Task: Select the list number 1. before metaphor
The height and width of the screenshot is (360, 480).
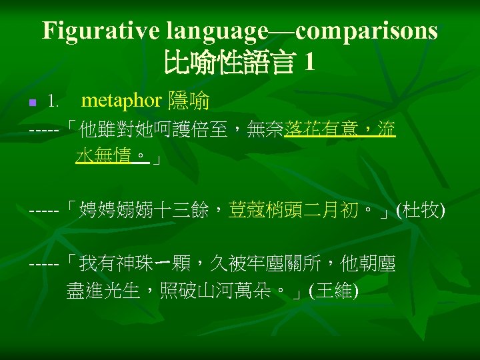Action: tap(54, 102)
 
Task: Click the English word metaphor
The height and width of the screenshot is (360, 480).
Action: tap(121, 101)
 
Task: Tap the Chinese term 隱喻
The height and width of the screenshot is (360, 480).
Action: tap(189, 101)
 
